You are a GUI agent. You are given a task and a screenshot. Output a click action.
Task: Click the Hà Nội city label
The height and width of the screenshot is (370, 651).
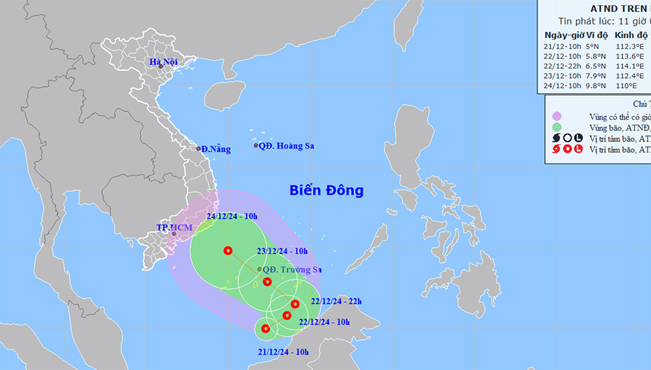pyautogui.click(x=163, y=63)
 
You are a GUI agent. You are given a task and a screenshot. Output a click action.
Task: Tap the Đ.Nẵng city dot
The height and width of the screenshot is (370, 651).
pyautogui.click(x=198, y=149)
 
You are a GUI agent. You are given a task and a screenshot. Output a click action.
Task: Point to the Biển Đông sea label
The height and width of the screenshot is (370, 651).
pyautogui.click(x=327, y=191)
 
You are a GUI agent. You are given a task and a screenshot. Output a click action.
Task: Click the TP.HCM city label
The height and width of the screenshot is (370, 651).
pyautogui.click(x=174, y=227)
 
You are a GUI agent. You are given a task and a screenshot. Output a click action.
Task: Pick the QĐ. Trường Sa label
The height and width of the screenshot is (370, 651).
pyautogui.click(x=292, y=269)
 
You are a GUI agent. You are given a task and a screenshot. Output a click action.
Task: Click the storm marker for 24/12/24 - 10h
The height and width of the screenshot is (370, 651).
pyautogui.click(x=228, y=251)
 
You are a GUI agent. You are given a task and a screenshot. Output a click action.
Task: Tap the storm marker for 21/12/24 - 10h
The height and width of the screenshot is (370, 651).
pyautogui.click(x=266, y=328)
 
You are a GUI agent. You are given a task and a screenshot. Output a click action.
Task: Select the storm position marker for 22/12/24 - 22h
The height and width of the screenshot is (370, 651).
pyautogui.click(x=295, y=304)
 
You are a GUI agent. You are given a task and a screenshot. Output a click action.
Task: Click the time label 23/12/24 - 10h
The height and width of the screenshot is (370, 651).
pyautogui.click(x=282, y=251)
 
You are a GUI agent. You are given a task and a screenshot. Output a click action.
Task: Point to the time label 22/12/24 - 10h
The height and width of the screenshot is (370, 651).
pyautogui.click(x=324, y=321)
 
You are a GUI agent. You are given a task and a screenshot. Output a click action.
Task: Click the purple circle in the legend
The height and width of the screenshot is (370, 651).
pyautogui.click(x=557, y=116)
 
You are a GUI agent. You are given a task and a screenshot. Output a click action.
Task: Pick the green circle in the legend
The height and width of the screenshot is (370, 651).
pyautogui.click(x=557, y=127)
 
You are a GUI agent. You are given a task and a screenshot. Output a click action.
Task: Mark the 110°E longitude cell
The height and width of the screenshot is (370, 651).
pyautogui.click(x=628, y=86)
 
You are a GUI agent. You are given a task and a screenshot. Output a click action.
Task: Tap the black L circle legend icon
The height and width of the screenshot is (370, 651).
pyautogui.click(x=578, y=138)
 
